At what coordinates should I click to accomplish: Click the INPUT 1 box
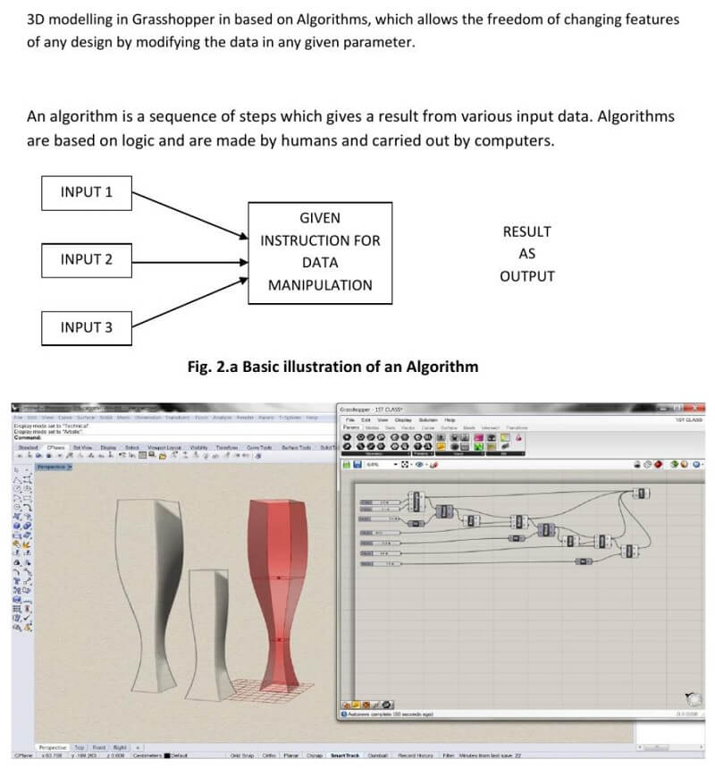tap(86, 192)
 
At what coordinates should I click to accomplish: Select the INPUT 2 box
tap(86, 259)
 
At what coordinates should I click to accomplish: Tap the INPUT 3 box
tap(86, 327)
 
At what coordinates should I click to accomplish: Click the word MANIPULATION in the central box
tap(320, 285)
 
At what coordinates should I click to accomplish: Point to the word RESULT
tap(526, 232)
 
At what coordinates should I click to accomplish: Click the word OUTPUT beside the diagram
tap(526, 276)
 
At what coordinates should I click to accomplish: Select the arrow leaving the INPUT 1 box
tap(188, 215)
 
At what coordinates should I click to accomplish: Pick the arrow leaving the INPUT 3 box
tap(188, 304)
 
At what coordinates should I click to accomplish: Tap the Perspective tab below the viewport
tap(51, 746)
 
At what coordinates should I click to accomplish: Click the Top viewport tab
tap(79, 746)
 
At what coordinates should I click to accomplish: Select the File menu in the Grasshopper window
tap(350, 419)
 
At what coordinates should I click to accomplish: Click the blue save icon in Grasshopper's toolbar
tap(357, 464)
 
